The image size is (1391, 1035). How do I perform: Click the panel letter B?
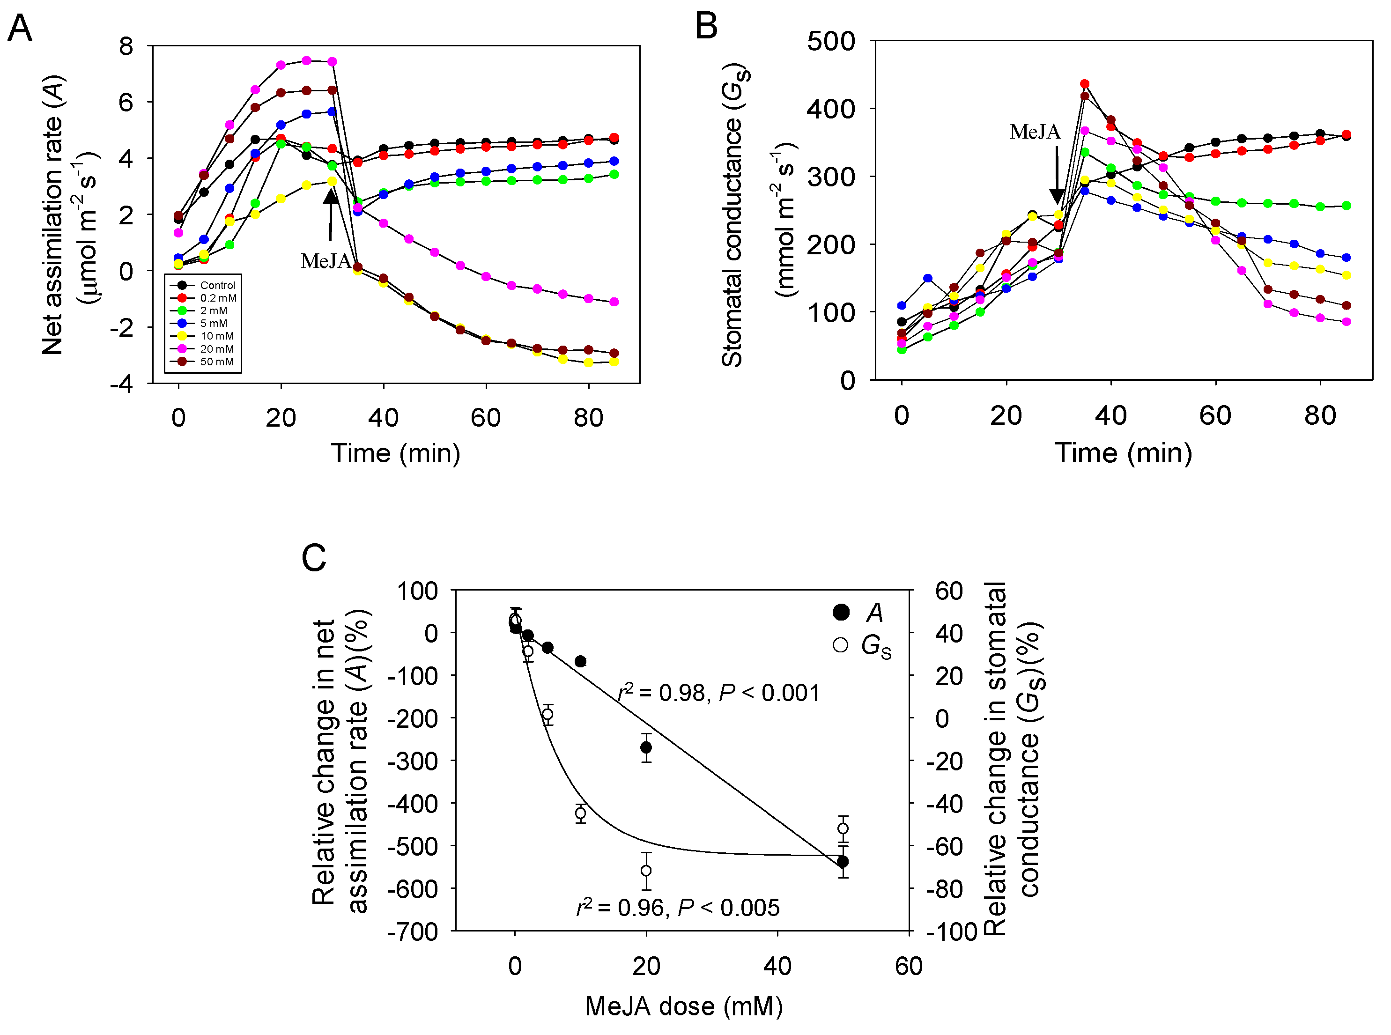point(706,26)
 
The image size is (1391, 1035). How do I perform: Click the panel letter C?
point(314,558)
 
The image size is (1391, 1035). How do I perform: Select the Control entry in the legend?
point(217,285)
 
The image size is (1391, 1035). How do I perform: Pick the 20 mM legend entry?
point(217,349)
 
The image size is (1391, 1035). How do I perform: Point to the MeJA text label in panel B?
point(1035,132)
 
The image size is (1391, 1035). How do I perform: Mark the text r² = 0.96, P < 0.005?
point(678,907)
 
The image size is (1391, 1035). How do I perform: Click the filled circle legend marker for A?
point(841,612)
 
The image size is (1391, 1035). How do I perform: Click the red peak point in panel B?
point(1085,84)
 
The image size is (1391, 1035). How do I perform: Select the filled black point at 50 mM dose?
point(843,862)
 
